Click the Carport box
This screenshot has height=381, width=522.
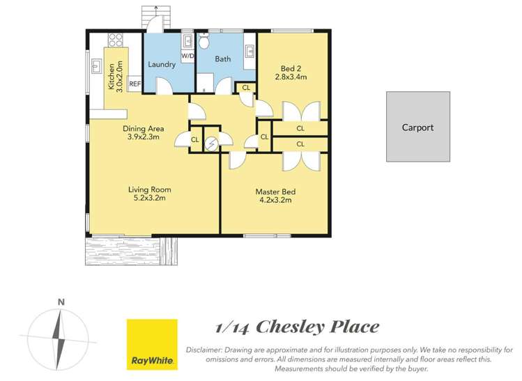[417, 127]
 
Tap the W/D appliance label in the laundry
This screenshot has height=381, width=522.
[187, 56]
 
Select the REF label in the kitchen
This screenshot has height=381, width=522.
[135, 84]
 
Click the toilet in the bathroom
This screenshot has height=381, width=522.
[204, 42]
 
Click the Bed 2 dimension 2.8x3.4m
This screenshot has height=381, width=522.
[291, 77]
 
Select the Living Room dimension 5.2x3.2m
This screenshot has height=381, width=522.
[149, 199]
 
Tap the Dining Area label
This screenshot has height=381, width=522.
[143, 128]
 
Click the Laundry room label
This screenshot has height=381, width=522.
[162, 65]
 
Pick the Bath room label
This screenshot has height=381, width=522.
[222, 59]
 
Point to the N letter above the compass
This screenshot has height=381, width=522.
[61, 302]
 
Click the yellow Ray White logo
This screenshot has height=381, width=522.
[151, 344]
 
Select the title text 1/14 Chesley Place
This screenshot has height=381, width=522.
[296, 327]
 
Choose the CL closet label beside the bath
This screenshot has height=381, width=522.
[246, 88]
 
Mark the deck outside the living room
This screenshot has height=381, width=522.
[123, 251]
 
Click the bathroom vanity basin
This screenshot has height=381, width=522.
[250, 50]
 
